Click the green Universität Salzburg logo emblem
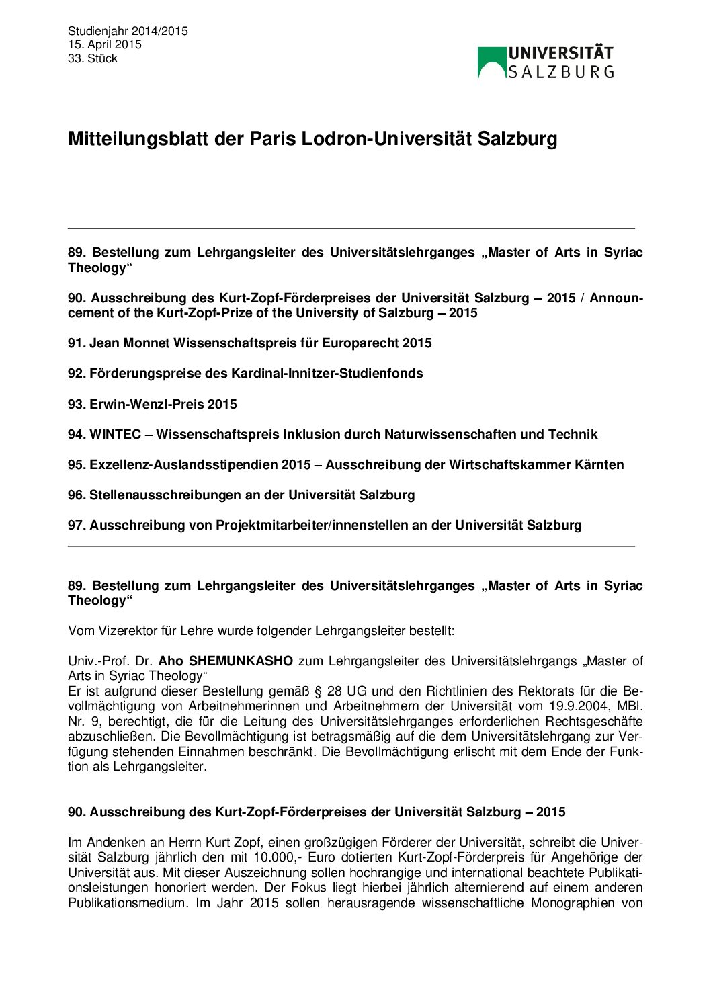[x=491, y=62]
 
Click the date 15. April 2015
[x=105, y=44]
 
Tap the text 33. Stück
[x=93, y=58]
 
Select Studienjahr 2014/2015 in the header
[x=128, y=31]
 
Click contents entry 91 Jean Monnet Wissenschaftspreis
[x=249, y=343]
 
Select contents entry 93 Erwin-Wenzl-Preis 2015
[x=152, y=404]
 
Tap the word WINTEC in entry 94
[x=116, y=435]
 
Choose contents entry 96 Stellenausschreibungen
[x=241, y=495]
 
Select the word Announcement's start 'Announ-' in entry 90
[x=616, y=298]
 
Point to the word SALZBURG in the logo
[x=560, y=72]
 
